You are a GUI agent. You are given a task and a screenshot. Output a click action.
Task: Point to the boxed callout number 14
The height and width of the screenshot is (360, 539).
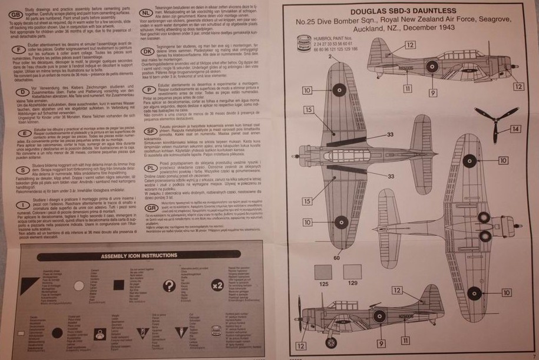(515, 129)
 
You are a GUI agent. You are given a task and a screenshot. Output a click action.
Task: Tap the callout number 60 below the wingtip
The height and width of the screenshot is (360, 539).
(337, 257)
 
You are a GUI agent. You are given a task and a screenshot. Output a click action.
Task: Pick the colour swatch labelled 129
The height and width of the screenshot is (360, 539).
(352, 272)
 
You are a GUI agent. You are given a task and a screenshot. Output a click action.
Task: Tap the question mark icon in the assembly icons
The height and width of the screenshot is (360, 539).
(169, 286)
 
